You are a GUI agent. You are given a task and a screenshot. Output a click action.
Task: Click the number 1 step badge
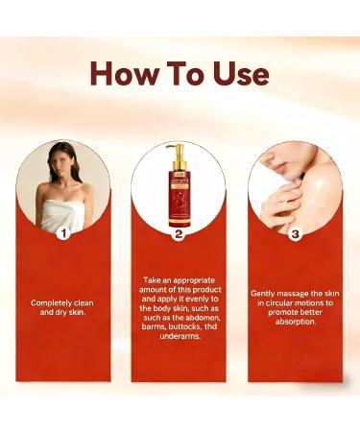point(64,231)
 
